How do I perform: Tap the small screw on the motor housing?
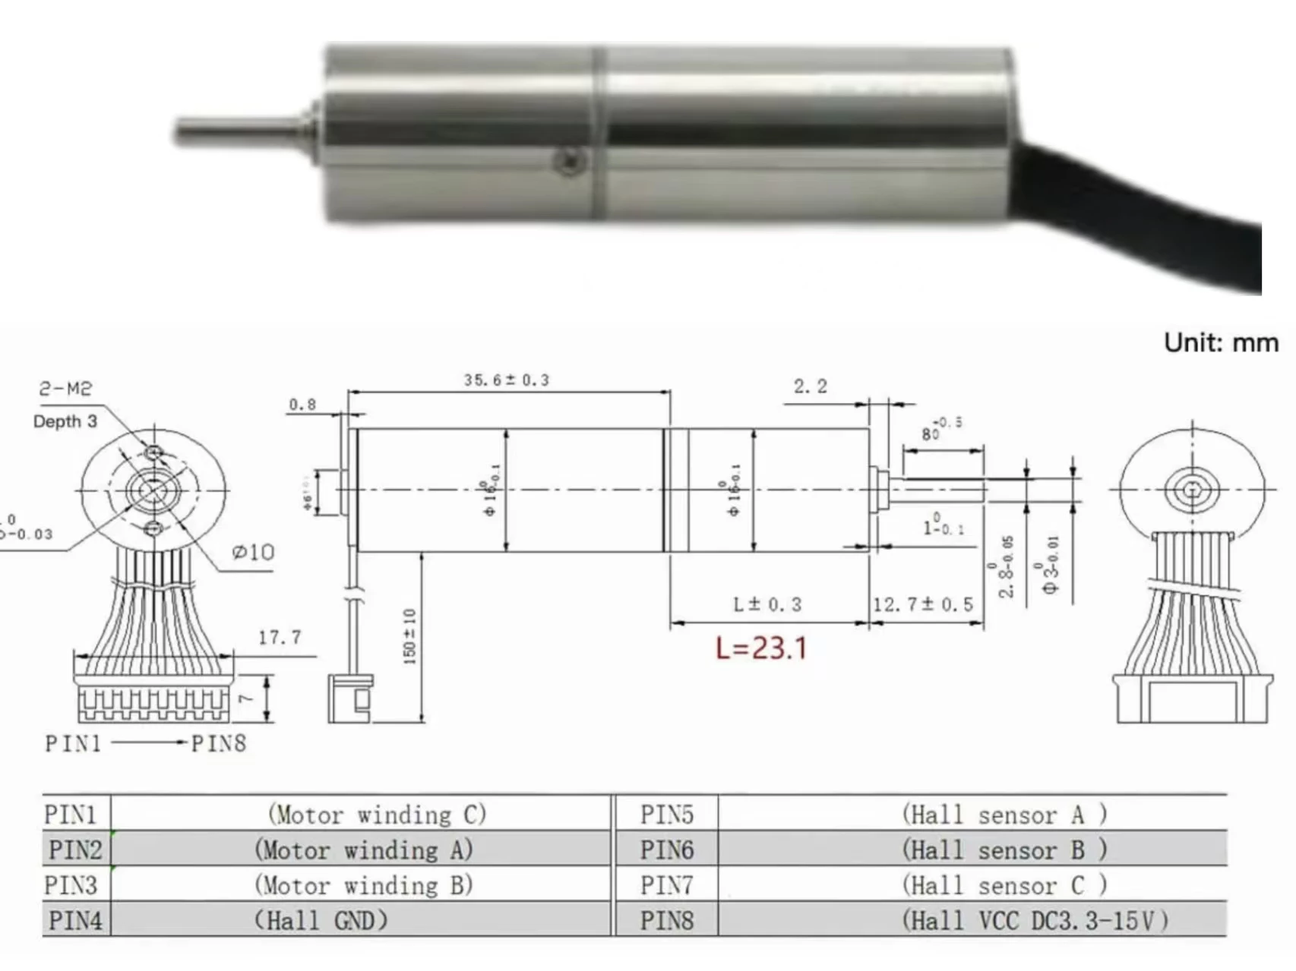pyautogui.click(x=569, y=160)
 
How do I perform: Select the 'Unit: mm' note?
pyautogui.click(x=1221, y=343)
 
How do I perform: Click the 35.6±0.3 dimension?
pyautogui.click(x=506, y=380)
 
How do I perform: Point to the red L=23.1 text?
pyautogui.click(x=761, y=648)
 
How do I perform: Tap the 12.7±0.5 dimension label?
pyautogui.click(x=922, y=605)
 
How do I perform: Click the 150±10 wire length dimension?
pyautogui.click(x=410, y=636)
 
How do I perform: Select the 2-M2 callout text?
pyautogui.click(x=65, y=389)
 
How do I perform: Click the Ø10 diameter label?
pyautogui.click(x=253, y=552)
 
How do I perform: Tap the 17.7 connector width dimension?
pyautogui.click(x=280, y=637)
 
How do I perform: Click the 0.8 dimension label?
pyautogui.click(x=302, y=405)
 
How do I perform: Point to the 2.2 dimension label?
pyautogui.click(x=810, y=386)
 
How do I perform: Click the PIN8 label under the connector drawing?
pyautogui.click(x=219, y=743)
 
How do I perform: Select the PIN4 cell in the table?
pyautogui.click(x=75, y=920)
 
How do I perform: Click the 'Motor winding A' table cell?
pyautogui.click(x=363, y=850)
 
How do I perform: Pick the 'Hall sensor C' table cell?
pyautogui.click(x=1004, y=885)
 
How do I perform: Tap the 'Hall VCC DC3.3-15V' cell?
pyautogui.click(x=1034, y=921)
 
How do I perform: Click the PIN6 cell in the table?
pyautogui.click(x=666, y=850)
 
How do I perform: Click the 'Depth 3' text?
pyautogui.click(x=65, y=422)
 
